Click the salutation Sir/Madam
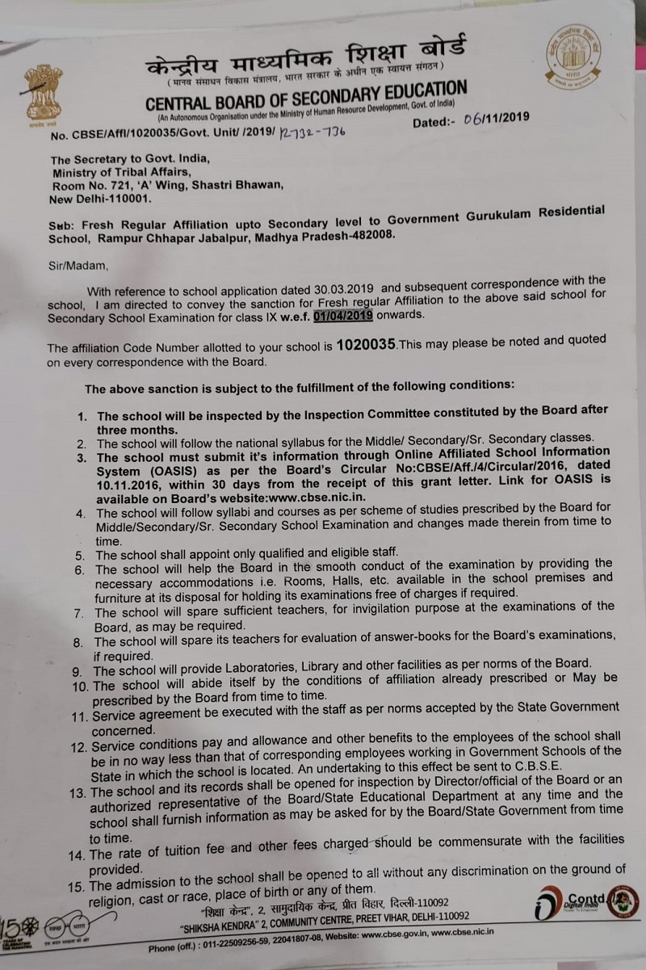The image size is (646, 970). [78, 262]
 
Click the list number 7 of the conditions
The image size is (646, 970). [78, 612]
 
